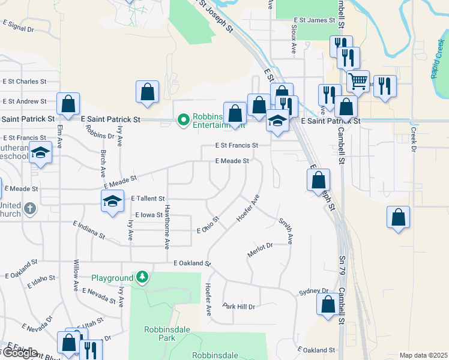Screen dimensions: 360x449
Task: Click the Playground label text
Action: point(112,278)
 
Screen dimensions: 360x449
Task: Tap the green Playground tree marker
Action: point(142,277)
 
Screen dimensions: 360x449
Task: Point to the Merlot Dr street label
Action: point(261,250)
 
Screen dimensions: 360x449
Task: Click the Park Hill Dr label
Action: point(239,307)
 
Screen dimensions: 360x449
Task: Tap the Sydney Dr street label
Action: point(314,292)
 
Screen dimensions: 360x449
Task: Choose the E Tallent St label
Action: point(147,198)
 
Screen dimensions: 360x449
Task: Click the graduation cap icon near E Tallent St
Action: point(112,201)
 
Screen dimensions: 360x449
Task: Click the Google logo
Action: point(19,353)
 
